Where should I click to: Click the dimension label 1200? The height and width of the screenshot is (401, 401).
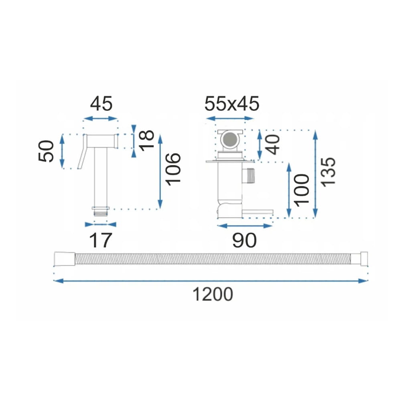[213, 294]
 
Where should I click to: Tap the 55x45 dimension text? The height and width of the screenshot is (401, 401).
[232, 104]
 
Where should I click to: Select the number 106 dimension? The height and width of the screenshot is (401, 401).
[173, 169]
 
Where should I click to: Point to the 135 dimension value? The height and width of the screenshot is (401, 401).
[328, 172]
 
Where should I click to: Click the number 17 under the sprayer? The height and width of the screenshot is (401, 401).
[101, 240]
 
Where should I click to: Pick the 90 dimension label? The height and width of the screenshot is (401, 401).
[244, 240]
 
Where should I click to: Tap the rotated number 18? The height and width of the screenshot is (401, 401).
[147, 140]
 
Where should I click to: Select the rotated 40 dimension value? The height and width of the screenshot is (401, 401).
[273, 144]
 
